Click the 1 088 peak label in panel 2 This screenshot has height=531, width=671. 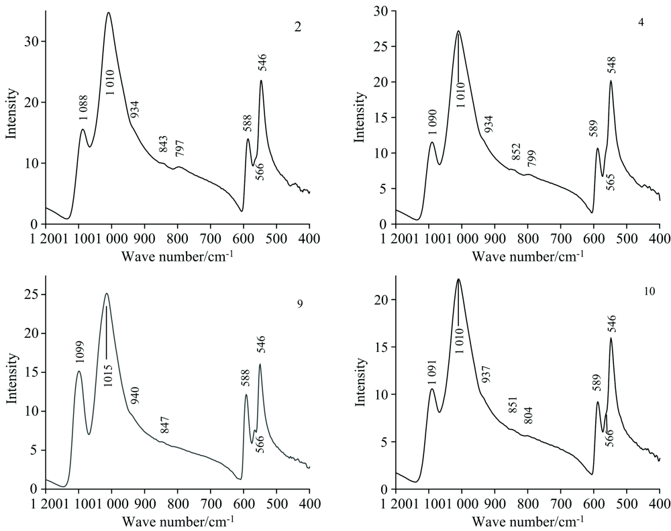click(x=83, y=107)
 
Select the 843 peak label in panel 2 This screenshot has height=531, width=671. click(x=163, y=143)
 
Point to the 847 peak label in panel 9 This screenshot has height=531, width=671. click(x=164, y=425)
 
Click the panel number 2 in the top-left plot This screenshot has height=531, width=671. click(x=297, y=27)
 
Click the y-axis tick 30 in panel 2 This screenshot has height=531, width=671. click(x=32, y=41)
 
